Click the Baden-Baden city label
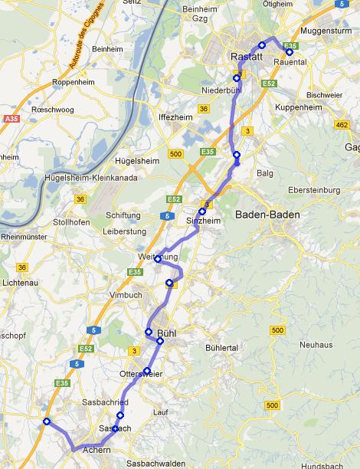267,215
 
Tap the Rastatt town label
246,57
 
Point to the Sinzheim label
203,220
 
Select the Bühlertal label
223,348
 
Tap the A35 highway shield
10,119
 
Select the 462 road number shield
342,123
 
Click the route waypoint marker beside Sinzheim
202,212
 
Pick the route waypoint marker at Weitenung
157,259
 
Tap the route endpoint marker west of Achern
47,421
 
